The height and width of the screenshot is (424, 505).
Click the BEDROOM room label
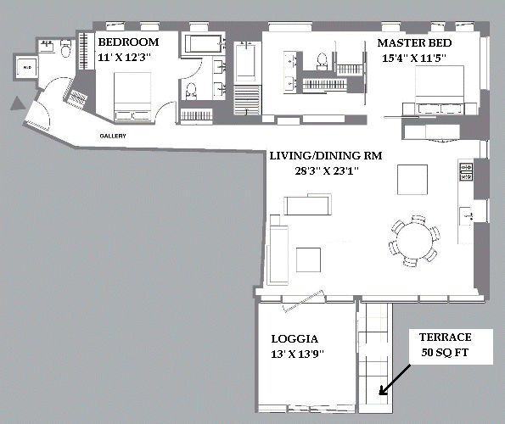pyautogui.click(x=128, y=42)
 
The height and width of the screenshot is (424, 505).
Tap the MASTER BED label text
pyautogui.click(x=414, y=42)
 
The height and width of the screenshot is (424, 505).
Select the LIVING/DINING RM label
pyautogui.click(x=326, y=156)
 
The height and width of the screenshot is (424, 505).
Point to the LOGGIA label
pyautogui.click(x=295, y=338)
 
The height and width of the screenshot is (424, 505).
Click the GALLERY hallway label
pyautogui.click(x=113, y=136)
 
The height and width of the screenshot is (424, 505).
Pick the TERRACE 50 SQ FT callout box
pyautogui.click(x=451, y=347)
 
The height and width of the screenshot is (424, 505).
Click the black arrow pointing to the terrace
pyautogui.click(x=395, y=379)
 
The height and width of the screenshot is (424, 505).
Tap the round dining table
pyautogui.click(x=415, y=240)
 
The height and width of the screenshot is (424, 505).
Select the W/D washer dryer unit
pyautogui.click(x=27, y=67)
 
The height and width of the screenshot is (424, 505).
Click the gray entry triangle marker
pyautogui.click(x=17, y=103)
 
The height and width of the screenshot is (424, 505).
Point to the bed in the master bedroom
pyautogui.click(x=440, y=90)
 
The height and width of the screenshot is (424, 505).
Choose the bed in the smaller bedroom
pyautogui.click(x=132, y=97)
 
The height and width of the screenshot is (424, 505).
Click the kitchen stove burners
pyautogui.click(x=466, y=172)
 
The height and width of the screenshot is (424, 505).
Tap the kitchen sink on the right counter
pyautogui.click(x=466, y=216)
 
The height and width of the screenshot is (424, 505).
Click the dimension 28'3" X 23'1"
pyautogui.click(x=327, y=170)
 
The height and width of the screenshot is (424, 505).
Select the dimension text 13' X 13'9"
pyautogui.click(x=297, y=354)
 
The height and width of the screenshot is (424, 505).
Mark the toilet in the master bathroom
pyautogui.click(x=322, y=61)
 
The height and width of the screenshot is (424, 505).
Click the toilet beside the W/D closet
pyautogui.click(x=65, y=48)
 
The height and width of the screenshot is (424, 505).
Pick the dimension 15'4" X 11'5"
pyautogui.click(x=414, y=58)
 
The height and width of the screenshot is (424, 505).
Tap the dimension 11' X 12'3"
pyautogui.click(x=124, y=58)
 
